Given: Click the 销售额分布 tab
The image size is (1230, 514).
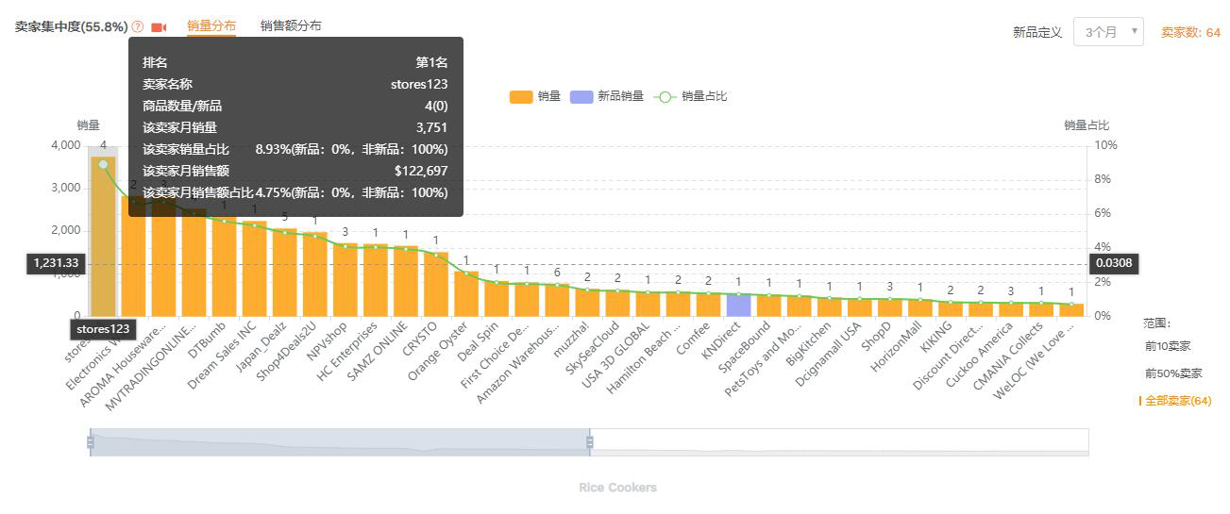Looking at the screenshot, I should click(291, 26).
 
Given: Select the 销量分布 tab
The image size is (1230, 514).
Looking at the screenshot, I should click(211, 26).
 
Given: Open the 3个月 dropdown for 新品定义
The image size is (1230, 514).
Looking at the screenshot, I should click(1108, 32).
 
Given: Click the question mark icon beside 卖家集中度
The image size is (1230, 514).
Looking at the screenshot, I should click(138, 27).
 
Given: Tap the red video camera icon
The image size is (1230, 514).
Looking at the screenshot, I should click(159, 27).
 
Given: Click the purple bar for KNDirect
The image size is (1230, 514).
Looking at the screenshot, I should click(738, 306).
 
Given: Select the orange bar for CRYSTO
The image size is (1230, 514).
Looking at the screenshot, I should click(435, 284).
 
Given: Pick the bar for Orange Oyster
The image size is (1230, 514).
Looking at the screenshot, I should click(465, 293).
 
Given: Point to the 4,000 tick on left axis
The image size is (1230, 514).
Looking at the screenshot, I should click(64, 145).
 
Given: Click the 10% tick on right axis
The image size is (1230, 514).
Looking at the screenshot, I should click(1105, 145).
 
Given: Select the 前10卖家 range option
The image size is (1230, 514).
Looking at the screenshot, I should click(1168, 347).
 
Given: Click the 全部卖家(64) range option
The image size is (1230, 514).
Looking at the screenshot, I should click(1177, 401).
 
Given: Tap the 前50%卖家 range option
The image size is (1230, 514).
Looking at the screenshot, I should click(1173, 373).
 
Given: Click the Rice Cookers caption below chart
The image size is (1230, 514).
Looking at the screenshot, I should click(617, 488).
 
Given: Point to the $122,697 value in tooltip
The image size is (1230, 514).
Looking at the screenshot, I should click(420, 171).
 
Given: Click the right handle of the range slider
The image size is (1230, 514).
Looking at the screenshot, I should click(590, 441).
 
